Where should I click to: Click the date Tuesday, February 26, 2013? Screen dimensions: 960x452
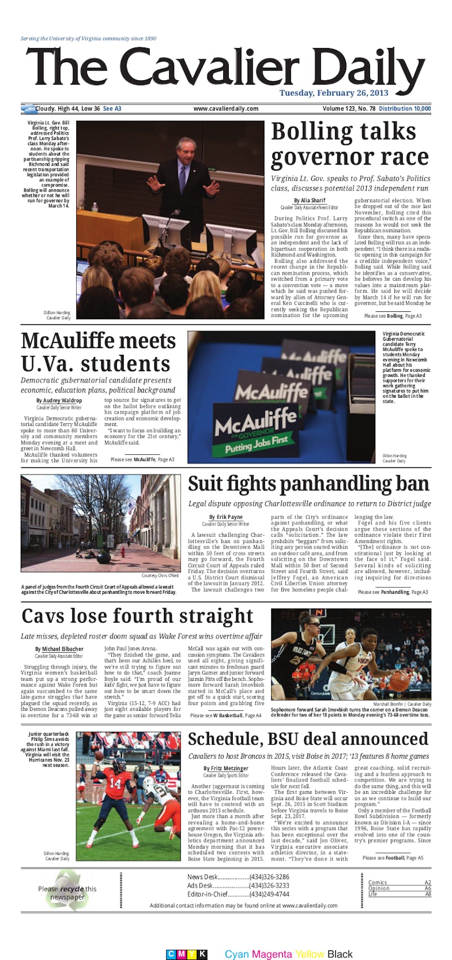point(341,93)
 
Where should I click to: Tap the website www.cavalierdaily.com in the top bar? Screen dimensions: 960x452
point(225,108)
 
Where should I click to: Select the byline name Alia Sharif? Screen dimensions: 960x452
point(310,201)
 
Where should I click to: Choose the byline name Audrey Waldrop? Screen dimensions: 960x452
point(63,401)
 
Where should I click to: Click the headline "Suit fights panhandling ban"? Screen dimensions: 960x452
point(308,484)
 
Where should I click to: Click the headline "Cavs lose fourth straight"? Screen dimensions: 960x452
point(137,615)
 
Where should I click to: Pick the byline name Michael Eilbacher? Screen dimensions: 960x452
point(63,649)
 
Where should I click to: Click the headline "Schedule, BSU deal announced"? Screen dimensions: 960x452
point(308,739)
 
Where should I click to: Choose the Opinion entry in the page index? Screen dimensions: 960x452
point(379,888)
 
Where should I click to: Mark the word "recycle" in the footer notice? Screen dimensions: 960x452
point(72,889)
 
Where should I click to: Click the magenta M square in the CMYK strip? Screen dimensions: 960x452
point(182,954)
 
